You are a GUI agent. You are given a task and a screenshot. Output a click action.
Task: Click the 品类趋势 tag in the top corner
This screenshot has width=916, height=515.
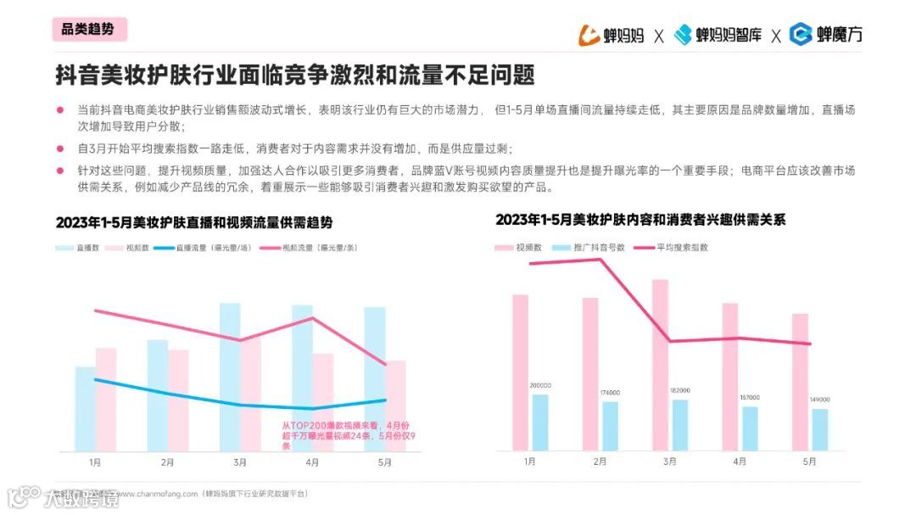[x=87, y=29]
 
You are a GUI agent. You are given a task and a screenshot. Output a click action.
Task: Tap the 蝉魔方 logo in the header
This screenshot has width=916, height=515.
[x=825, y=35]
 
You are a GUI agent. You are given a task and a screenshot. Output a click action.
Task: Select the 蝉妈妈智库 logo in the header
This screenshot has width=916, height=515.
[x=718, y=35]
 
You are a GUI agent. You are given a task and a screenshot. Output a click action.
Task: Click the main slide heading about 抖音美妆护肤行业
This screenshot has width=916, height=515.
[x=295, y=75]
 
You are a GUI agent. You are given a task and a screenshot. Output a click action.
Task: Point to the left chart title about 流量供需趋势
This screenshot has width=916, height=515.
[x=194, y=222]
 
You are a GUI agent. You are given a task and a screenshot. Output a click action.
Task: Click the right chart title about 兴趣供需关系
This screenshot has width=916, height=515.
[x=640, y=220]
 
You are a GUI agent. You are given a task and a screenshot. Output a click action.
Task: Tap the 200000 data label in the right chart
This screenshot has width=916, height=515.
[x=540, y=385]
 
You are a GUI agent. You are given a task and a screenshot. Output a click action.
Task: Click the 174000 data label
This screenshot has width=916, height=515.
[x=609, y=392]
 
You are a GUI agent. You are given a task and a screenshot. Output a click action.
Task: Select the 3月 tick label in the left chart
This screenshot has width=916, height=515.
[x=240, y=462]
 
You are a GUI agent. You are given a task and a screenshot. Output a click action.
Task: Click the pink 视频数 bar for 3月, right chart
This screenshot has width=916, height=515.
[x=660, y=365]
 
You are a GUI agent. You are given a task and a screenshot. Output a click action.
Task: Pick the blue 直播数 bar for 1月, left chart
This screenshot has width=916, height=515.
[x=85, y=408]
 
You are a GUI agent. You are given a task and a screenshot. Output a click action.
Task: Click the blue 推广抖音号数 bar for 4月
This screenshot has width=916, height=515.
[x=749, y=428]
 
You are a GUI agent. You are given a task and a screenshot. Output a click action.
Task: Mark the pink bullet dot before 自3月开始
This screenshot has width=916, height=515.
[x=60, y=148]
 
